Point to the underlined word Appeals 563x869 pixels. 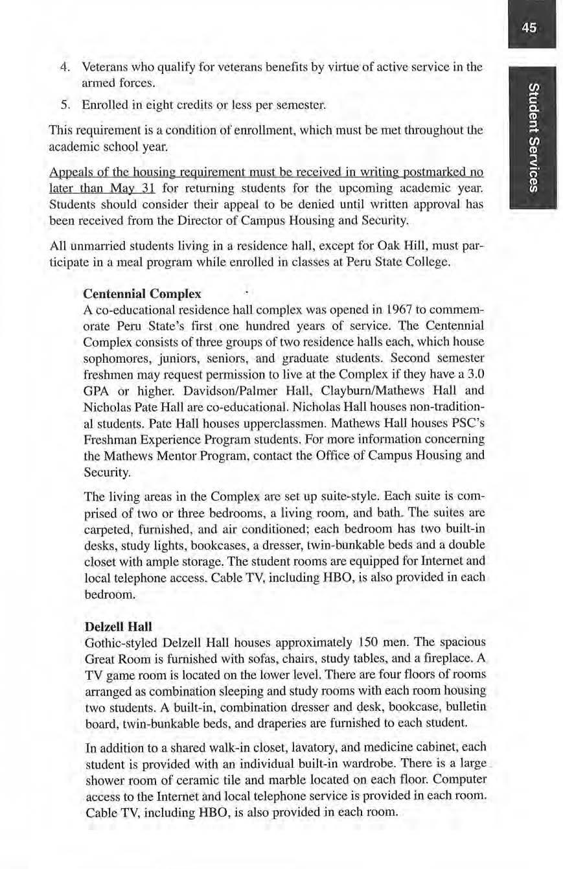pyautogui.click(x=69, y=174)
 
